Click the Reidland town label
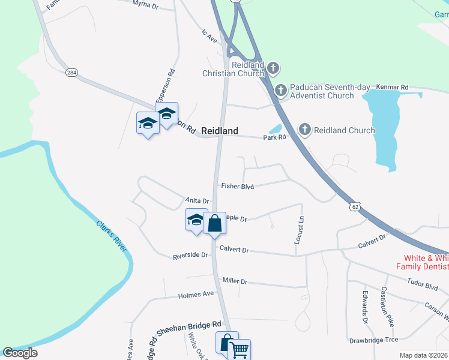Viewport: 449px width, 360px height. pos(219,130)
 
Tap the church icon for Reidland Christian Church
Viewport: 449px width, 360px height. pos(273,67)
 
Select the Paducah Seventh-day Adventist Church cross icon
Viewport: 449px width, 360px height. pos(280,91)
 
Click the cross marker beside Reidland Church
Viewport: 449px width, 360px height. pos(305,129)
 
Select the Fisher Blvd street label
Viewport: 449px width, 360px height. pos(238,187)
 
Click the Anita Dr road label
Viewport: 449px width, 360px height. pos(197,201)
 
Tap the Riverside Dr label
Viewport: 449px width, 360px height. pos(190,255)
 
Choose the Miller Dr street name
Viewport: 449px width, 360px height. pos(235,281)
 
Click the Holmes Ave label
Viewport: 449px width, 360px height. pos(196,295)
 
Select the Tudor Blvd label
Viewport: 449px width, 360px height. pos(423,286)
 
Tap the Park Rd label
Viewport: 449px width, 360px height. pos(274,137)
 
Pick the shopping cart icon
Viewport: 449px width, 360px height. pos(240,349)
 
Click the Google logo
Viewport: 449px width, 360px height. pos(20,353)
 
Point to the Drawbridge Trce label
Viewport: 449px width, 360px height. pos(373,340)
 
